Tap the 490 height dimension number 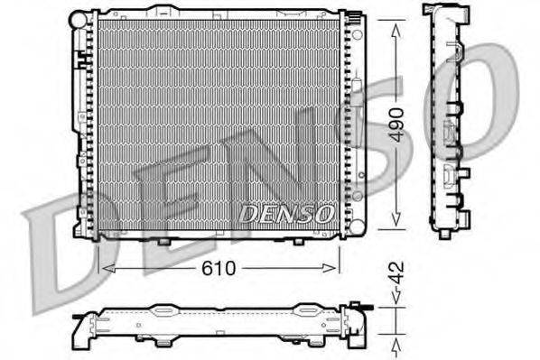click(x=396, y=126)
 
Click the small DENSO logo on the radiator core click(x=287, y=214)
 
